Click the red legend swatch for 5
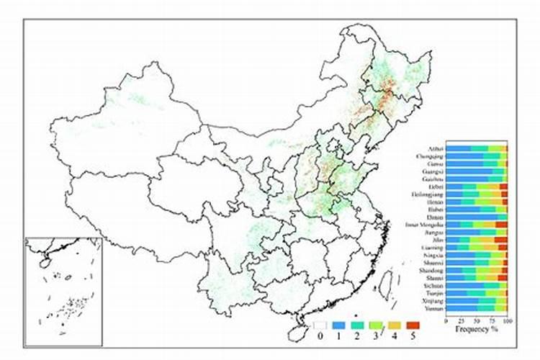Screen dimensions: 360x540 click(411, 325)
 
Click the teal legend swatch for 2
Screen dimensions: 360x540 click(355, 325)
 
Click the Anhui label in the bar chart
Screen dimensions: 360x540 click(435, 149)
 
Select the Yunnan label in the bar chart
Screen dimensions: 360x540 click(433, 309)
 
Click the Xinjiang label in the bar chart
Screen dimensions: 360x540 click(432, 301)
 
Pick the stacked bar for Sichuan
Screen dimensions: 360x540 click(477, 286)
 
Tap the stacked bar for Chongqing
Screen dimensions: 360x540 click(477, 156)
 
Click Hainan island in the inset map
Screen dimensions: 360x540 click(43, 264)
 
